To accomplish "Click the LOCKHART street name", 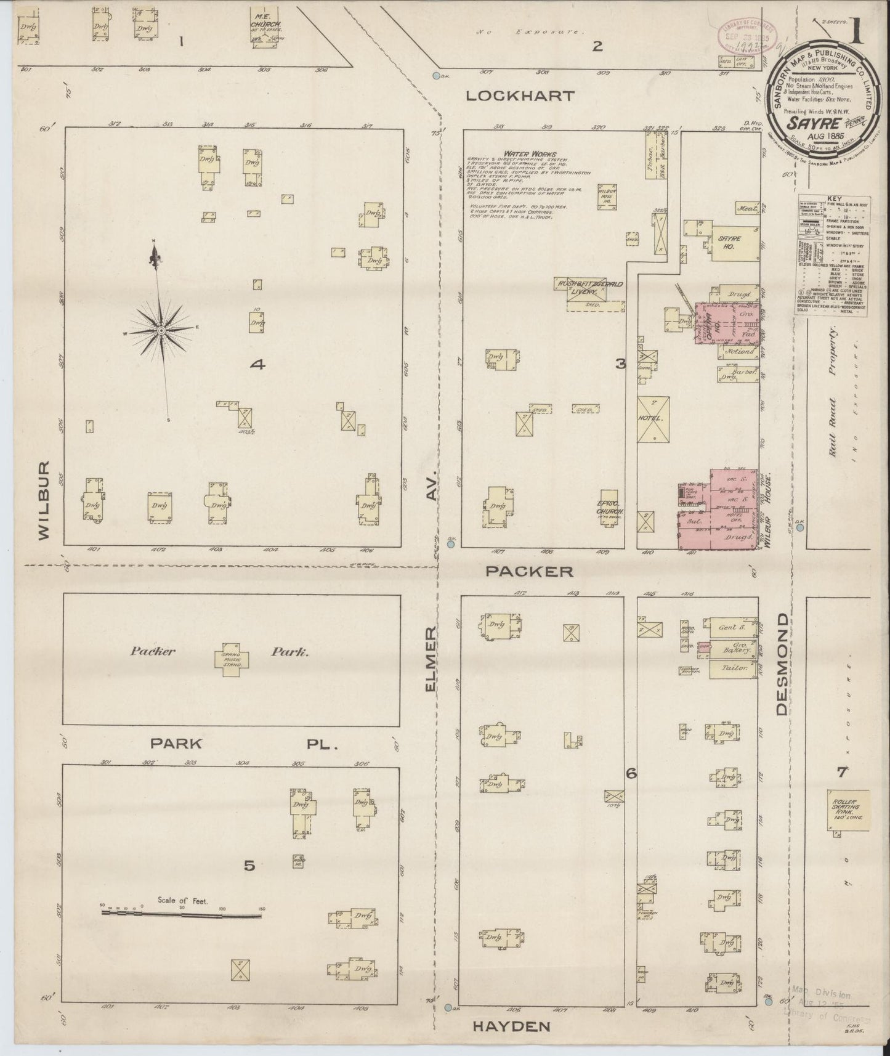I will [520, 96].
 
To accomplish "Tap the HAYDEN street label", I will [511, 1026].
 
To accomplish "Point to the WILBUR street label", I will [44, 500].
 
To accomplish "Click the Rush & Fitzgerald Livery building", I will [586, 290].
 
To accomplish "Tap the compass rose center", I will [161, 331].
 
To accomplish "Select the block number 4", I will [257, 365].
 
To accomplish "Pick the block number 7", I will [841, 771].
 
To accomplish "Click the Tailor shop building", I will [733, 668].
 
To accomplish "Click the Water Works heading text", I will [529, 154].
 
